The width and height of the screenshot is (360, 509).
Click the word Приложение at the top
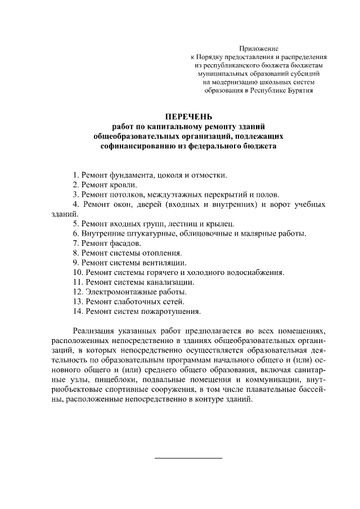(259, 49)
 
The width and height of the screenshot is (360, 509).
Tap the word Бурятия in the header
(296, 89)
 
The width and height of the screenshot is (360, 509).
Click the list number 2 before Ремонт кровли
(75, 184)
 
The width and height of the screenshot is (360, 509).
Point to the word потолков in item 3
(127, 195)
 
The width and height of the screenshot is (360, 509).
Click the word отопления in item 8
(168, 253)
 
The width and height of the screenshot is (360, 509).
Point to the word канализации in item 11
(173, 282)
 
